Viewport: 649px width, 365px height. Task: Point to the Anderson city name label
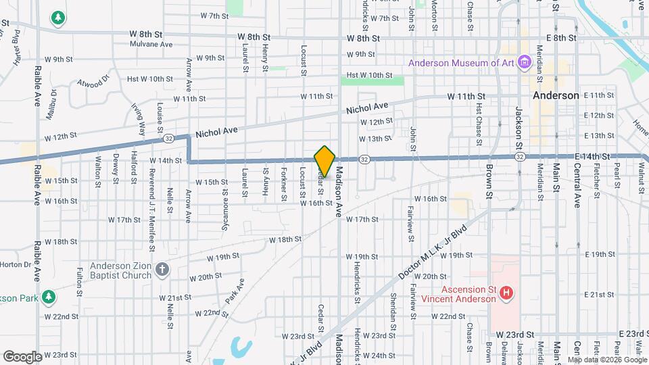pyautogui.click(x=556, y=95)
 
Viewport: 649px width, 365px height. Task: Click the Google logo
pyautogui.click(x=22, y=356)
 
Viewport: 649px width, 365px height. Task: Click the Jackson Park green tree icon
pyautogui.click(x=49, y=297)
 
